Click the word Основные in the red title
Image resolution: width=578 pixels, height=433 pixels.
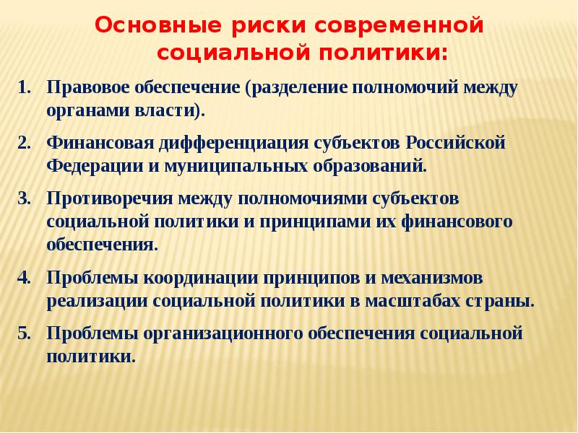(x=158, y=26)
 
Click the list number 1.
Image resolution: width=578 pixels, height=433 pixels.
(x=25, y=87)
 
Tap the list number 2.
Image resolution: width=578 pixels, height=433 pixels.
(x=25, y=143)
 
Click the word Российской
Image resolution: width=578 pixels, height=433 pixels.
(x=456, y=144)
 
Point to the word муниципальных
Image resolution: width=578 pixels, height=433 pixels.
(x=236, y=167)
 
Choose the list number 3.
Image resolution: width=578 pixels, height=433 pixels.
(x=25, y=199)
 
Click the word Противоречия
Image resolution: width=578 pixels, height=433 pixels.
(x=110, y=199)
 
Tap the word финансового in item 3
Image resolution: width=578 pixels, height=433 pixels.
(x=457, y=222)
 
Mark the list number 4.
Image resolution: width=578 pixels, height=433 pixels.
(x=25, y=278)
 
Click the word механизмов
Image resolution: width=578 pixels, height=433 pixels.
(x=431, y=278)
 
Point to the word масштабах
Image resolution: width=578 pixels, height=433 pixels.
(x=413, y=302)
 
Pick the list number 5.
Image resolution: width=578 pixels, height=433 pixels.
(x=25, y=333)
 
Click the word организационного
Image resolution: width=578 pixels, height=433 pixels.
(x=223, y=334)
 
